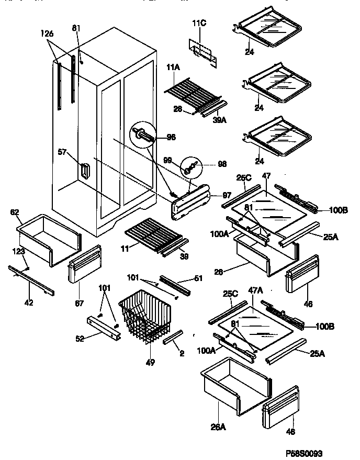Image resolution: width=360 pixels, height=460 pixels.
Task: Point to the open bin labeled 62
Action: click(x=50, y=239)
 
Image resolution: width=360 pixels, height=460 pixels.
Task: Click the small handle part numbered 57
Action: click(x=85, y=172)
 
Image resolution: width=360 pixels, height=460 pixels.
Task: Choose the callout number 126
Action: click(x=48, y=34)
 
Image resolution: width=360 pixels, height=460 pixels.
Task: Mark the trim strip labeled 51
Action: click(x=175, y=284)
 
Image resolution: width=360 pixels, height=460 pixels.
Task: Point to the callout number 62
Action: click(x=15, y=212)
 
